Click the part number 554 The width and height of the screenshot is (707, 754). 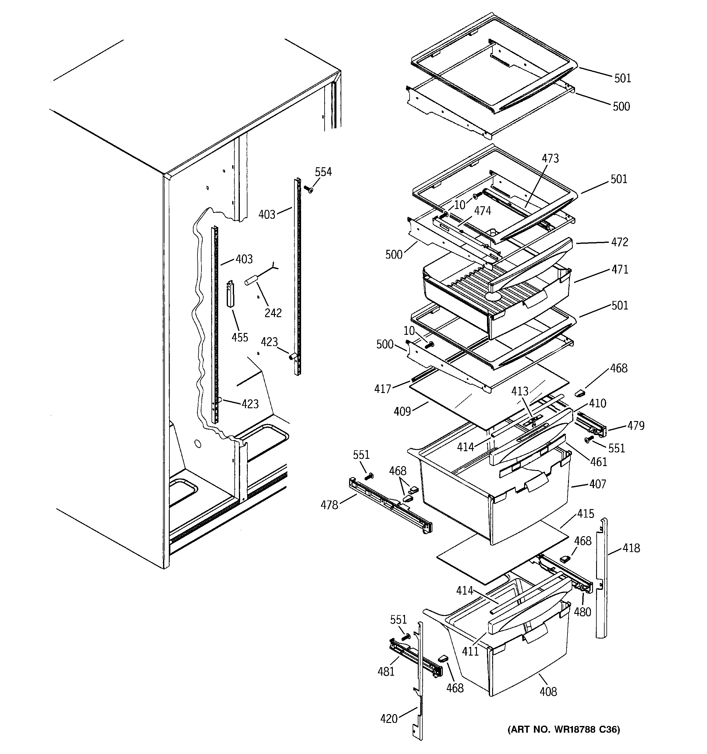click(323, 172)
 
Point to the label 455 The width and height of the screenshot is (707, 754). click(240, 337)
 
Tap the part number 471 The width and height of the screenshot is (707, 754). click(620, 269)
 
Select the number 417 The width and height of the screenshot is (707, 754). click(382, 389)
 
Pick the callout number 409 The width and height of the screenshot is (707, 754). click(402, 411)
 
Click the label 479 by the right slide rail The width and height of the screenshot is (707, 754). click(636, 426)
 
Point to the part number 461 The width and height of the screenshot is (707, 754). click(599, 462)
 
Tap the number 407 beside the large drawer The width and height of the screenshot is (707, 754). click(598, 484)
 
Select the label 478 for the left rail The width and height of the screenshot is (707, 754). click(329, 505)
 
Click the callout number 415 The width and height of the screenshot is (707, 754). click(586, 514)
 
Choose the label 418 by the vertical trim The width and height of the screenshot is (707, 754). click(631, 548)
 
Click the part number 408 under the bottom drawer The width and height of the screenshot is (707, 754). click(548, 692)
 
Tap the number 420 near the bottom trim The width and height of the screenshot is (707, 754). click(389, 718)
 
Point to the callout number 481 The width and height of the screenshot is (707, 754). click(386, 671)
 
